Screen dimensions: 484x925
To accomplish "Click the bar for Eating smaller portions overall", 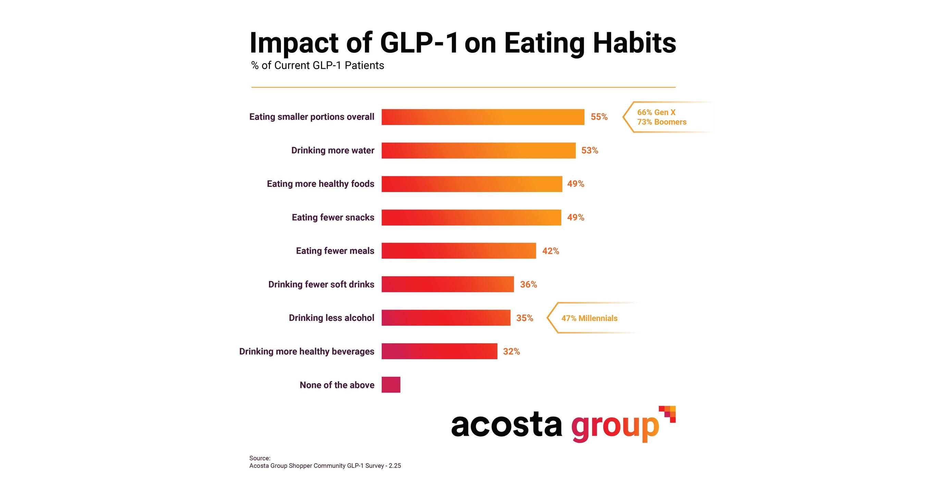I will (x=483, y=117).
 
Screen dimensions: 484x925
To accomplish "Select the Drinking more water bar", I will (x=478, y=150).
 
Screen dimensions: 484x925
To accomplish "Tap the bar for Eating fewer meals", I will (x=458, y=251).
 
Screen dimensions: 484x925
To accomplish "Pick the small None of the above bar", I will (x=391, y=385).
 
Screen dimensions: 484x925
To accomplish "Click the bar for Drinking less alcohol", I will (x=446, y=318).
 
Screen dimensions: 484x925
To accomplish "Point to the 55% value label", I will (x=599, y=117).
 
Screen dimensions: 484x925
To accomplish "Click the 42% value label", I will (x=551, y=251).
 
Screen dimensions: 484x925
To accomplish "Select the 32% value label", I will (x=511, y=351).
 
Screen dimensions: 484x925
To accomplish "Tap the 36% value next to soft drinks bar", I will (x=529, y=284).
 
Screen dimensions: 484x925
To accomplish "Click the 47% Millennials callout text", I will (x=589, y=318).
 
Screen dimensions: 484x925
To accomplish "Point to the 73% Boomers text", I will (x=662, y=122).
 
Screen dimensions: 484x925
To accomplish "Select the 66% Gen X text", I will (x=656, y=112).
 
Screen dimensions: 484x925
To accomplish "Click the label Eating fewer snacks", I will (x=333, y=217).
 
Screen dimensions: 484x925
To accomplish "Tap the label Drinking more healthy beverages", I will (x=307, y=351).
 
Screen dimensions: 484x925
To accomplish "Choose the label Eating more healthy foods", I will (x=320, y=184).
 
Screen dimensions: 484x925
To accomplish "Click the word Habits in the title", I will (x=634, y=43).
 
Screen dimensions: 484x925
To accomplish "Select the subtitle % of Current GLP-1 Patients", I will (x=318, y=65).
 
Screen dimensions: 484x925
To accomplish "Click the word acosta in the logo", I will (x=506, y=425).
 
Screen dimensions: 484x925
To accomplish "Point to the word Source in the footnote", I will (x=259, y=458).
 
